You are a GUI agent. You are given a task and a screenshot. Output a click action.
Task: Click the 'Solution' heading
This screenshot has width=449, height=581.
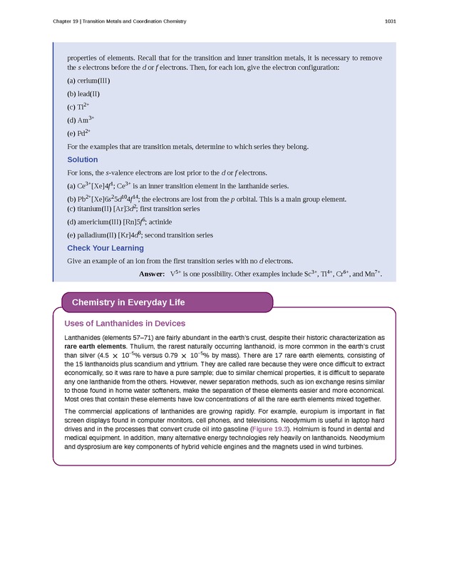click(x=82, y=160)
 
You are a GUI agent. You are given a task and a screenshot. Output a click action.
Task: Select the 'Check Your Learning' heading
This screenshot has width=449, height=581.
click(x=105, y=248)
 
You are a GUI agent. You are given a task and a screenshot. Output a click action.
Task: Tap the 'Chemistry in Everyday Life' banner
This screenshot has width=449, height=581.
click(x=128, y=302)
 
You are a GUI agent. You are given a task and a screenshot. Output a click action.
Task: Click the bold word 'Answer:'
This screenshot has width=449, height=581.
click(x=152, y=273)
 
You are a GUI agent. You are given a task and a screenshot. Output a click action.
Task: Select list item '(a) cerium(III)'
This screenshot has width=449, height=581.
click(x=88, y=81)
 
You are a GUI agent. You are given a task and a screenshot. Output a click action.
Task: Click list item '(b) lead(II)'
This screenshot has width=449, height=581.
click(x=83, y=93)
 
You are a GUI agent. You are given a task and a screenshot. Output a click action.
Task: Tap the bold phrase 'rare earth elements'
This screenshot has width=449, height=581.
click(x=88, y=346)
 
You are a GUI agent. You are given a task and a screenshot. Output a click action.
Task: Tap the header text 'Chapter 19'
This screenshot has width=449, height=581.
click(x=66, y=21)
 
